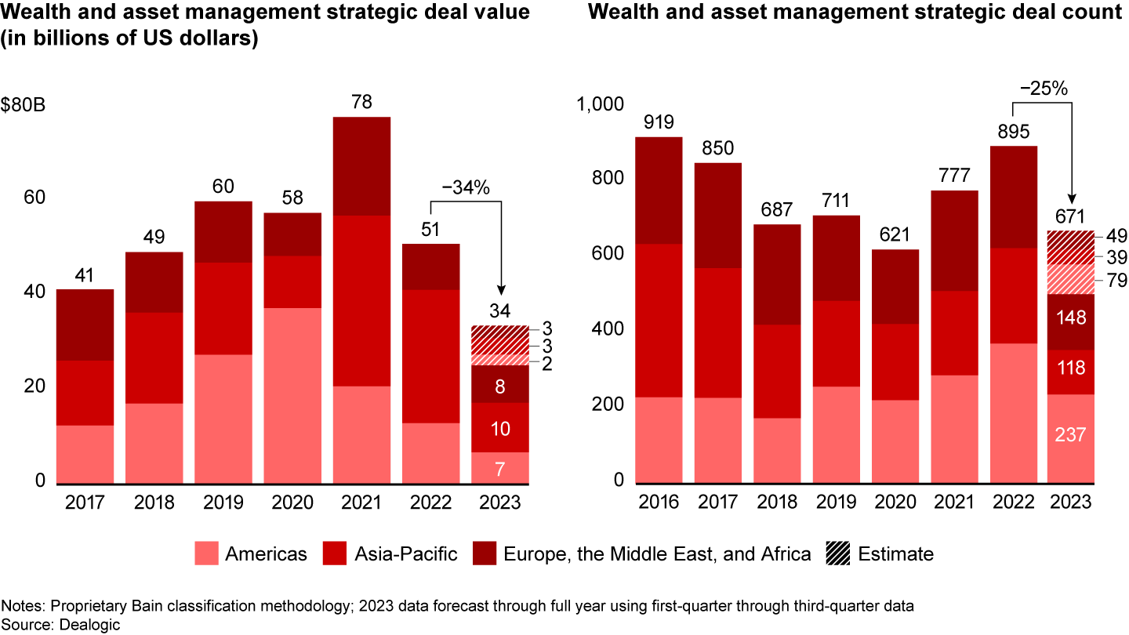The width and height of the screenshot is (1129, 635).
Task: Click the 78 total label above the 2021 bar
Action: pos(362,102)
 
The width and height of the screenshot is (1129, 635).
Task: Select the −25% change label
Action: pos(1043,89)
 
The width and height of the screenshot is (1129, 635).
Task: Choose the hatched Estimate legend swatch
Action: pos(837,554)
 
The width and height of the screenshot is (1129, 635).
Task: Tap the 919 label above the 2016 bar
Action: pos(659,122)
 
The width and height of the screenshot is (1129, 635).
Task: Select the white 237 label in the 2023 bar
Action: pos(1070,434)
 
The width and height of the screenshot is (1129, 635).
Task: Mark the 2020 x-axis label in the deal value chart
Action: pos(292,502)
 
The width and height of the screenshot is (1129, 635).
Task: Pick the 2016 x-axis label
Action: pos(659,502)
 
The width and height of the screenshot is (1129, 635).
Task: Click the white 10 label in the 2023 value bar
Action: pos(499,428)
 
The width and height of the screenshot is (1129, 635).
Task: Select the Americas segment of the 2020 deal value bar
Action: pos(292,395)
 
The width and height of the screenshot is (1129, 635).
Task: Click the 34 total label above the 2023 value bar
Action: pos(499,310)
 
